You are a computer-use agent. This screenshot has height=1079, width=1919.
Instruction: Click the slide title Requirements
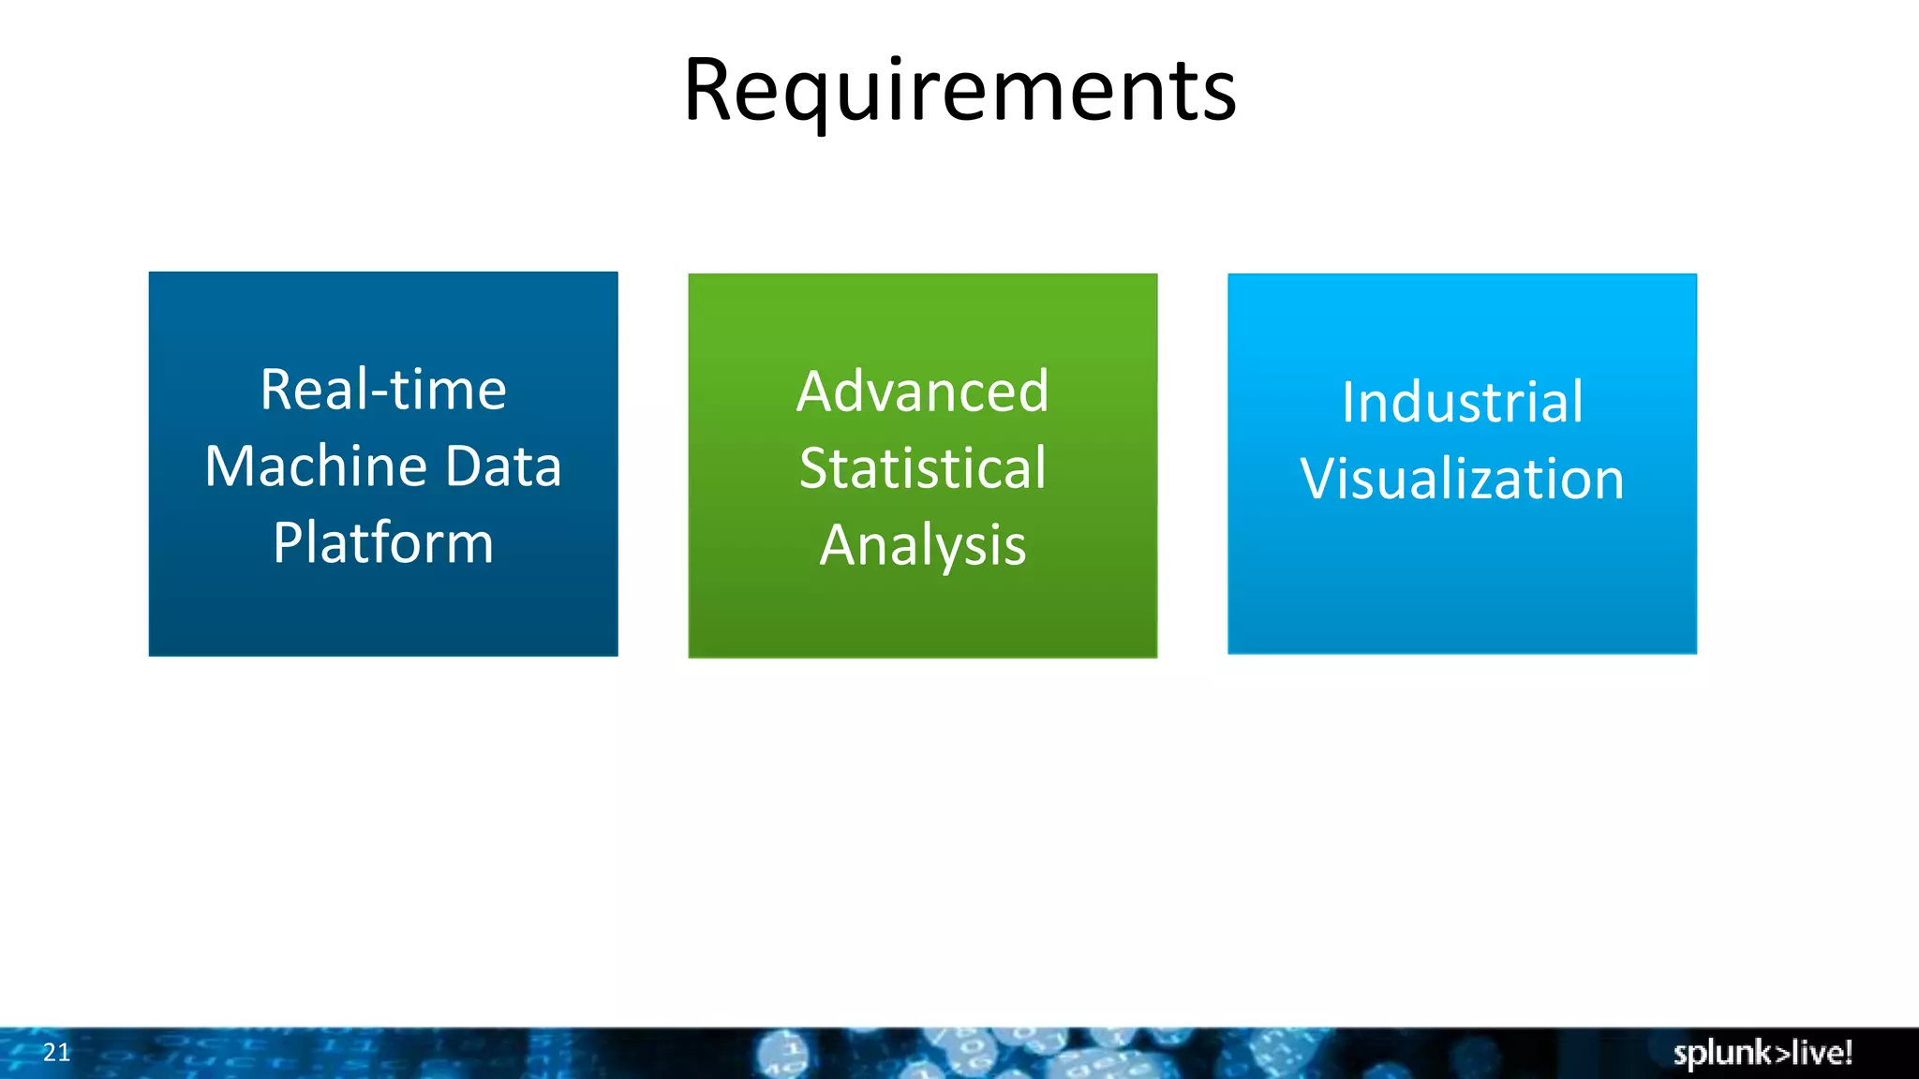click(x=959, y=90)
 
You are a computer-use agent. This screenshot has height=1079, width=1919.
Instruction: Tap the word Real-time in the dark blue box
click(x=383, y=390)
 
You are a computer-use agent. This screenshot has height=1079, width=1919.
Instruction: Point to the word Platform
click(x=383, y=543)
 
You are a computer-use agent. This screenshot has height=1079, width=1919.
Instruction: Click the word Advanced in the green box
click(x=922, y=392)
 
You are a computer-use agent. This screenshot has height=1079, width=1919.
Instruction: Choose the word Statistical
click(x=922, y=468)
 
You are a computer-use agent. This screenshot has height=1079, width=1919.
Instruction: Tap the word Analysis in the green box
click(x=922, y=546)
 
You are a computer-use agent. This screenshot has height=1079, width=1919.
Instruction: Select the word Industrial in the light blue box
click(x=1462, y=403)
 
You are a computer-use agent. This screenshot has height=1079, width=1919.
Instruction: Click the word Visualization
click(x=1462, y=480)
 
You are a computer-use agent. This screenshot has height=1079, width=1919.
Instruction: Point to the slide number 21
click(x=56, y=1053)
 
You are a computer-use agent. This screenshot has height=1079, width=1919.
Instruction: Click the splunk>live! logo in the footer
click(x=1762, y=1053)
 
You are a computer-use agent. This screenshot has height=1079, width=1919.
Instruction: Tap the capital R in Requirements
click(x=709, y=91)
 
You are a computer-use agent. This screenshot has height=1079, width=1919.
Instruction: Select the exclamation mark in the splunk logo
click(x=1848, y=1052)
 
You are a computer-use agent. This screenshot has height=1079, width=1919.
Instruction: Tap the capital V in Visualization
click(x=1319, y=480)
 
